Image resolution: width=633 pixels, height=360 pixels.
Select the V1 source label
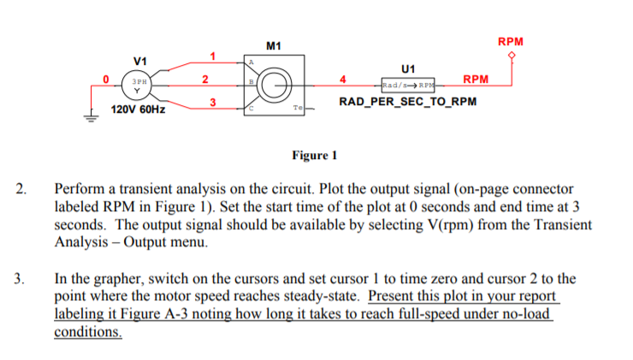pos(140,61)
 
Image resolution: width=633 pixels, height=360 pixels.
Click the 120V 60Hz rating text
pos(139,110)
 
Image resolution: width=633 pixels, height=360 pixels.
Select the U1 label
pos(407,68)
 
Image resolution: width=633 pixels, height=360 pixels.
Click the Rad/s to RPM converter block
pos(408,86)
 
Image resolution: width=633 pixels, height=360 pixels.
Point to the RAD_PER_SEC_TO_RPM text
pos(408,102)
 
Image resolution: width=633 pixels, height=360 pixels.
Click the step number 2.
pos(23,188)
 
